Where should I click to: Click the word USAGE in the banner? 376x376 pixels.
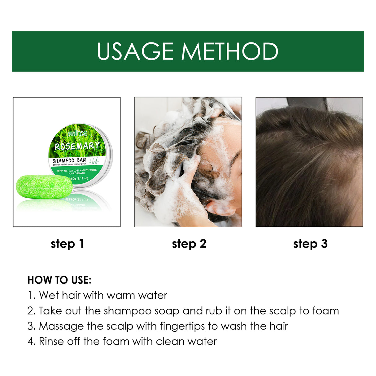(135, 51)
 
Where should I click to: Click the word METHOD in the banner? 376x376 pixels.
(230, 51)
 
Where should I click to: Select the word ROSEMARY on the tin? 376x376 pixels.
(77, 146)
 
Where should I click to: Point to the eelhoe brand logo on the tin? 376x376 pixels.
(77, 133)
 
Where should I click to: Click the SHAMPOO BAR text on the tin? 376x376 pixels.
(69, 160)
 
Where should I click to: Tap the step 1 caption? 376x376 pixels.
(67, 244)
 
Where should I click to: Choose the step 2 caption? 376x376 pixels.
(189, 244)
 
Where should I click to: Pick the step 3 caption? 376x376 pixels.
(310, 244)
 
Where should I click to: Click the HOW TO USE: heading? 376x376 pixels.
(59, 280)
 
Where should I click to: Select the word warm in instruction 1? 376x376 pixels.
(121, 295)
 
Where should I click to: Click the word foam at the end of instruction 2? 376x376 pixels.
(325, 311)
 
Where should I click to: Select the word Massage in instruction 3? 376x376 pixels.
(61, 326)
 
